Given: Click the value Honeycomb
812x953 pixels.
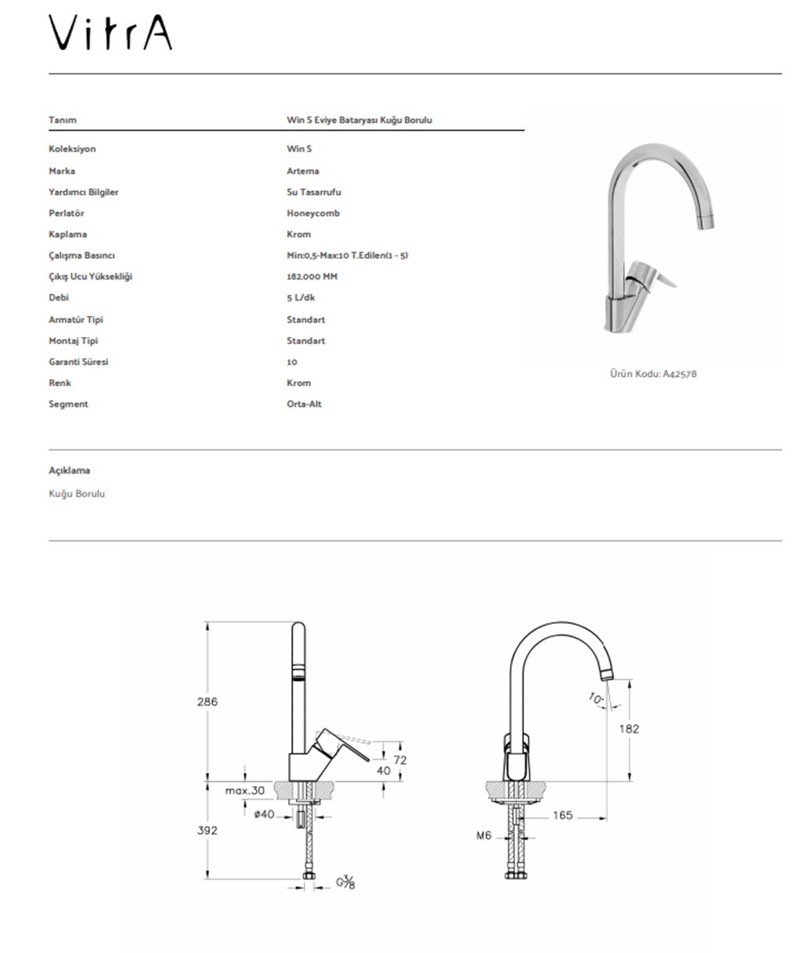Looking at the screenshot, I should [313, 213].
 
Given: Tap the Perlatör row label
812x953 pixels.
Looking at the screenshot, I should [66, 213].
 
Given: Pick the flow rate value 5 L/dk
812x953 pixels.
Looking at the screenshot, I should [300, 297].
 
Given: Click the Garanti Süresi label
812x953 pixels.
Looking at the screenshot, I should [78, 361].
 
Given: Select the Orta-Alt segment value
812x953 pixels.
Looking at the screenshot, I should [304, 404].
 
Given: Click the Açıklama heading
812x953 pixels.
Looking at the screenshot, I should [69, 470].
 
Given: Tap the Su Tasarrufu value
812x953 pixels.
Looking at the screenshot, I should [313, 192].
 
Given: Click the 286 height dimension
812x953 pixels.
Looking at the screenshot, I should [207, 702].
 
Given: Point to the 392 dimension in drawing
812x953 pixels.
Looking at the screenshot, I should [207, 830].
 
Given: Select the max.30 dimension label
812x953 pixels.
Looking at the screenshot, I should [246, 790].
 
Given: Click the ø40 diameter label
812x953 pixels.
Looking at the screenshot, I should [264, 814].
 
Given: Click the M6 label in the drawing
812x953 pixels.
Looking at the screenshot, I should [483, 836].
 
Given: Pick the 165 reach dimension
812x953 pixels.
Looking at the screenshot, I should [562, 816].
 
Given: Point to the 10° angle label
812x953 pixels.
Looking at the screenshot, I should [595, 698].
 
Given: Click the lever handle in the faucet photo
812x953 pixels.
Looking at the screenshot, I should [658, 277].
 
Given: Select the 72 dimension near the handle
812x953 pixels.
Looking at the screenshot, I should [400, 760].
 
